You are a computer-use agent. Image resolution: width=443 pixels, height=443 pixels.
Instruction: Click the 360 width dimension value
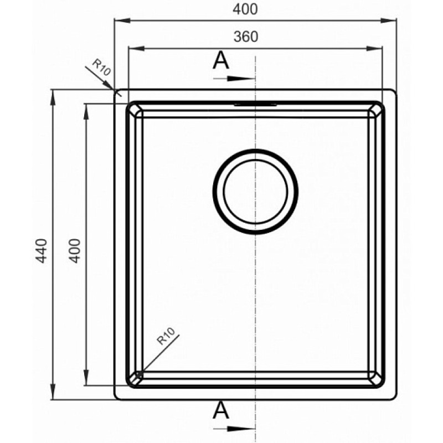coord(246,37)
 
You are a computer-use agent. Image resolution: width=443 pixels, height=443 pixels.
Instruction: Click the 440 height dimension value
coord(42,251)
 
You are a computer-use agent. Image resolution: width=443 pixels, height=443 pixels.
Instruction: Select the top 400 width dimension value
coord(245,9)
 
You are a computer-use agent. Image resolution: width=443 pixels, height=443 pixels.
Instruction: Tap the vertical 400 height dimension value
coord(75,251)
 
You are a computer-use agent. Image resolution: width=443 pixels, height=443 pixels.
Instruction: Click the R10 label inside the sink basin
coord(166,336)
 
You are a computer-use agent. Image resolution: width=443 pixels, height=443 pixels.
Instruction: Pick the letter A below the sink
coord(220,410)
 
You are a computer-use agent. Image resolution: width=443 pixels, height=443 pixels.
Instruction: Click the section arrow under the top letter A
coord(234,79)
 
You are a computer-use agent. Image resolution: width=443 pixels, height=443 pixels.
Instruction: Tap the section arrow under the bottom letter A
coord(234,429)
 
